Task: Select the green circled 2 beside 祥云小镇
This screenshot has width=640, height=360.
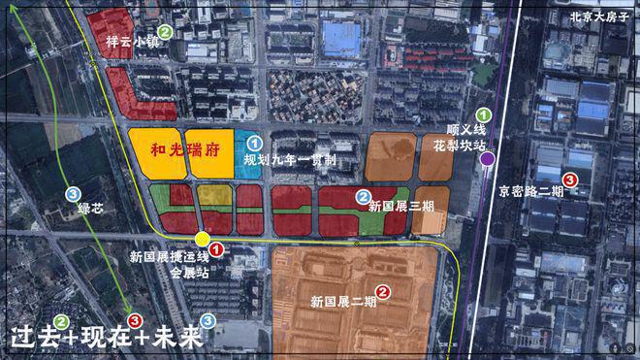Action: click(166, 32)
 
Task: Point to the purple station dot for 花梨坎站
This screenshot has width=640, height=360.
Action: click(487, 158)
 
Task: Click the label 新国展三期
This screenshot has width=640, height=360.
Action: click(395, 207)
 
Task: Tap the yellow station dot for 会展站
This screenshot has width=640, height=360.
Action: click(202, 240)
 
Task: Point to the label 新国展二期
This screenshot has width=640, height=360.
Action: click(344, 302)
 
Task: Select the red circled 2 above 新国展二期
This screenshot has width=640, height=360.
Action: click(383, 290)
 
